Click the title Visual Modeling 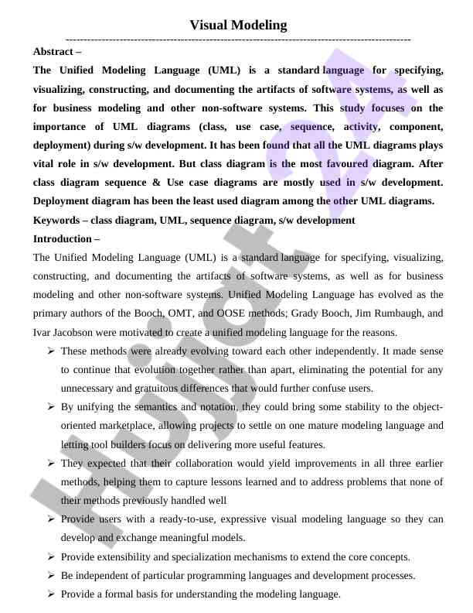point(238,25)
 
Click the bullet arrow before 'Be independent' point(50,576)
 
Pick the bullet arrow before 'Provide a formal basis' point(50,594)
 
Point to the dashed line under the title point(238,39)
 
